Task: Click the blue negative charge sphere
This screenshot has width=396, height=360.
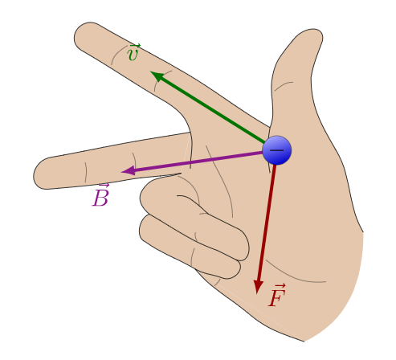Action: (x=277, y=150)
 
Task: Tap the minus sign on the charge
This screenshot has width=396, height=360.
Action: (x=277, y=150)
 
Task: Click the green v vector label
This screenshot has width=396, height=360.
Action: (x=133, y=52)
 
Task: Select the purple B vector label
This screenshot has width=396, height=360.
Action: (x=100, y=195)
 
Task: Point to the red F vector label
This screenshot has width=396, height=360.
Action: (x=277, y=295)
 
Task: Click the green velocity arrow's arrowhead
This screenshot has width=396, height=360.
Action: (x=157, y=76)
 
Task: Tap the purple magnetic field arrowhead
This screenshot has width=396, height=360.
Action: (x=128, y=170)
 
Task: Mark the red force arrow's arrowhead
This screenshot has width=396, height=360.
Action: (x=258, y=288)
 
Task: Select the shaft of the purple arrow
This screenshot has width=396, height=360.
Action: (x=198, y=161)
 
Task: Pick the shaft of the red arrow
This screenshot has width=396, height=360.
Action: (x=267, y=223)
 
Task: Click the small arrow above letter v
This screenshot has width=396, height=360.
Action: (x=134, y=47)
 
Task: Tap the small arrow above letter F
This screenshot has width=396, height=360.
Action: (x=279, y=286)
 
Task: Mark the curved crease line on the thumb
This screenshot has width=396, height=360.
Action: (x=283, y=85)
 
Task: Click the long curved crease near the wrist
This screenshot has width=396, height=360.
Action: (x=295, y=276)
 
